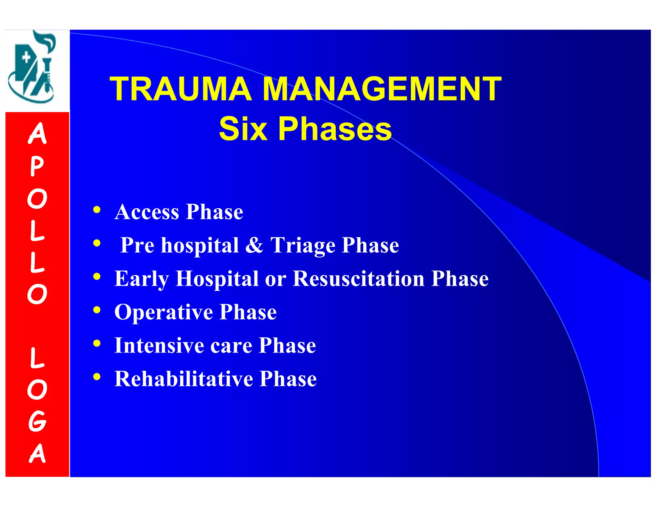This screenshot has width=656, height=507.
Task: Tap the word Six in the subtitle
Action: click(243, 129)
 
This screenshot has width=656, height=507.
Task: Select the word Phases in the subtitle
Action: click(335, 129)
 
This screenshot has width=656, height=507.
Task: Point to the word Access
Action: click(147, 212)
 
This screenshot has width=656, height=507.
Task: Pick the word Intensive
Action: click(159, 345)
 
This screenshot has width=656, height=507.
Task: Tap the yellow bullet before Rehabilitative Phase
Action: click(97, 377)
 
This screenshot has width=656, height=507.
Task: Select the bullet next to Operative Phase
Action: click(97, 310)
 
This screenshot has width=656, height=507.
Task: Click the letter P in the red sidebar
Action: click(37, 167)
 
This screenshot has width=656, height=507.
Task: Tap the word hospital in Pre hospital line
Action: click(200, 246)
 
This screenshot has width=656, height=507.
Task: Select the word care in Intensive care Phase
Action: click(231, 346)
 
